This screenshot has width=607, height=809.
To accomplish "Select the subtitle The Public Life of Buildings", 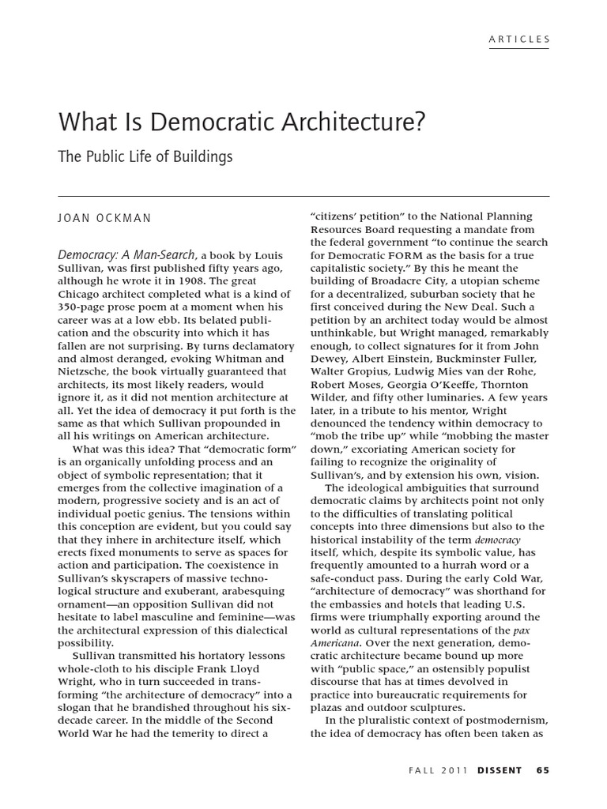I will point(145,156).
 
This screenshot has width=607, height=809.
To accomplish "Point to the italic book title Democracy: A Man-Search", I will point(127,255).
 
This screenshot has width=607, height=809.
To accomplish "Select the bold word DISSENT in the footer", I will point(499,771).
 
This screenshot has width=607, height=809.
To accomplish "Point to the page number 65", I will point(542,771).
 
